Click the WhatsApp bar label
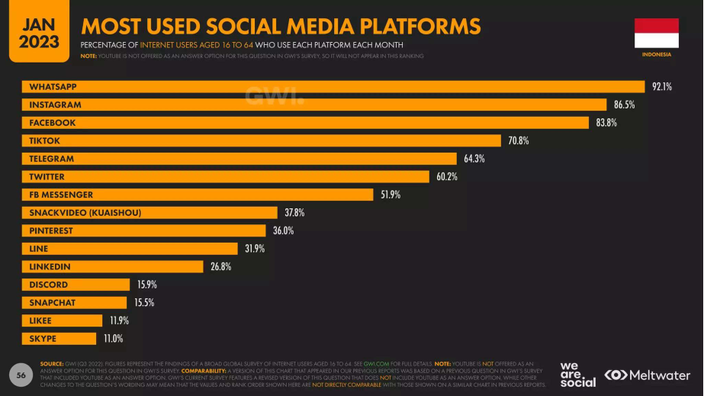(x=53, y=87)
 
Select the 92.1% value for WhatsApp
(x=661, y=87)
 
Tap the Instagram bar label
(x=55, y=105)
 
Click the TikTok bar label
(x=44, y=141)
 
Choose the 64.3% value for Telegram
(x=474, y=159)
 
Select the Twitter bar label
(x=47, y=177)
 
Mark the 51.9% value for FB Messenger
(x=391, y=195)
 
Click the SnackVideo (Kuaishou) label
(x=85, y=213)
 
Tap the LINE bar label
(x=38, y=249)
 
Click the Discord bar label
(x=48, y=285)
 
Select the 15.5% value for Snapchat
(x=144, y=303)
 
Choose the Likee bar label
(x=41, y=320)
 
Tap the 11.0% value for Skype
(x=113, y=339)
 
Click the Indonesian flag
(x=656, y=34)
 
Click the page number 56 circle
(x=21, y=375)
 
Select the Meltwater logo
(x=648, y=375)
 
